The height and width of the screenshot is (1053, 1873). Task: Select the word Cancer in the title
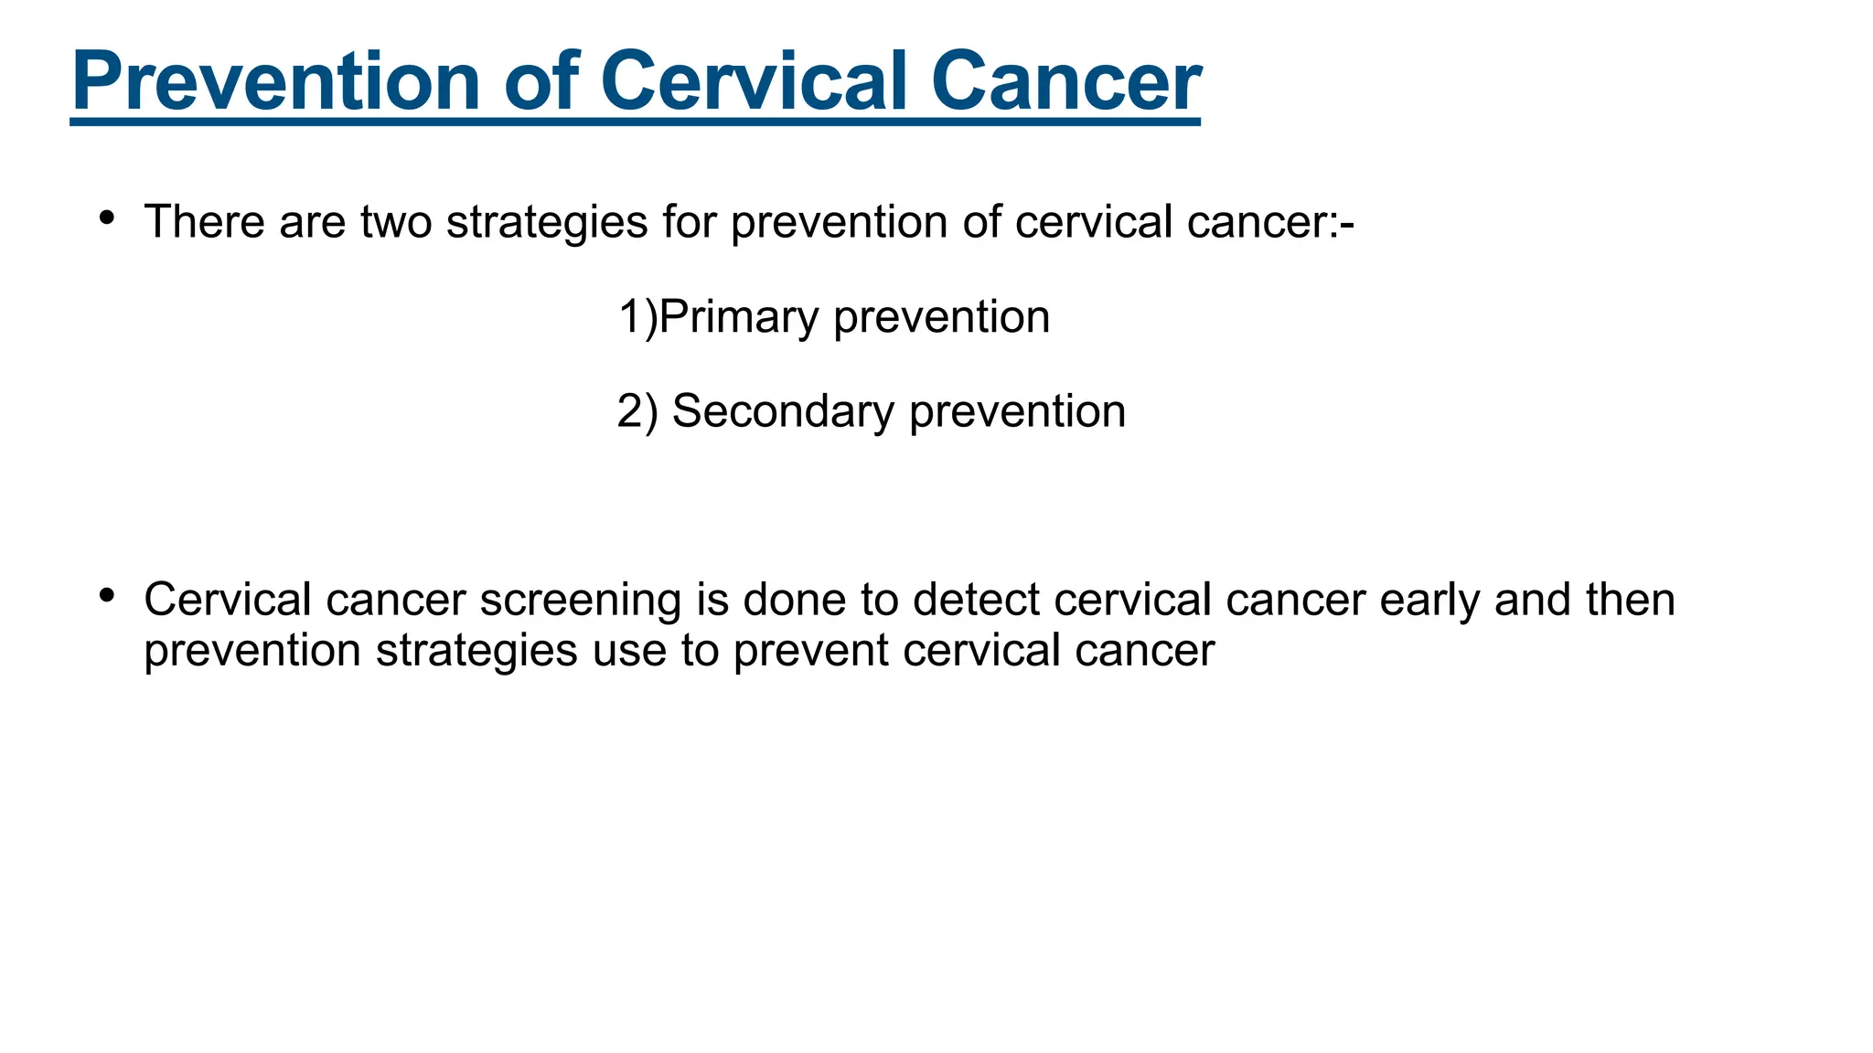click(x=1065, y=82)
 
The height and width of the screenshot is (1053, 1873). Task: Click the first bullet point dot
click(x=107, y=218)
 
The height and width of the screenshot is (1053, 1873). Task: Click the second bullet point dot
click(x=107, y=596)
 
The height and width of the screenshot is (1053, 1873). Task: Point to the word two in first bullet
click(x=395, y=222)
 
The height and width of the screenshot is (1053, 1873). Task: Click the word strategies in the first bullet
click(x=547, y=222)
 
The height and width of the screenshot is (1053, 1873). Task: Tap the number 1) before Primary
click(x=637, y=317)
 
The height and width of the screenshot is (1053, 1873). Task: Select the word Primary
click(x=738, y=317)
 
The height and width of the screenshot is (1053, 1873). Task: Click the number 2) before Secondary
click(x=637, y=411)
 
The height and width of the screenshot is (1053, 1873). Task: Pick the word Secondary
click(x=783, y=411)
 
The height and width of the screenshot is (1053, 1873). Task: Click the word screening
click(x=581, y=601)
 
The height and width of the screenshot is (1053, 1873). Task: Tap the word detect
click(x=976, y=601)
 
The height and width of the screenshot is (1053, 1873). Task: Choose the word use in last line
click(x=629, y=651)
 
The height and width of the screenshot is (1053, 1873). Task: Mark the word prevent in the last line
click(x=810, y=651)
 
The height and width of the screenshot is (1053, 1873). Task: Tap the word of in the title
click(x=541, y=82)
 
